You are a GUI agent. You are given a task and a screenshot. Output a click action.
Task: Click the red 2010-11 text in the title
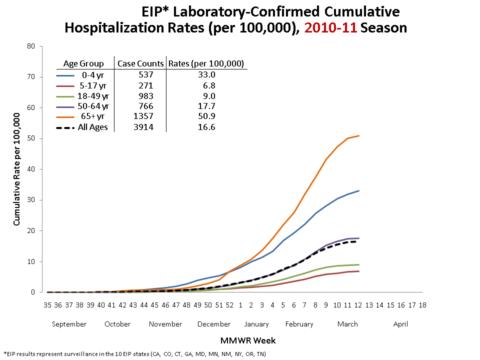click(330, 28)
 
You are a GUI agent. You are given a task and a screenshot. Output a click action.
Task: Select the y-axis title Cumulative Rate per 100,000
click(16, 169)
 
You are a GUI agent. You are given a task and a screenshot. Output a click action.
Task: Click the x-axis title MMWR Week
click(248, 340)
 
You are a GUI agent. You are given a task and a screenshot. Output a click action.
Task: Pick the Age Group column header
click(83, 63)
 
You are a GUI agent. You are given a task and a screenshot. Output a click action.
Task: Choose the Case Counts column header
click(140, 63)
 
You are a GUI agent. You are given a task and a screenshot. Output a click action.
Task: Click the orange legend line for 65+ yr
click(65, 117)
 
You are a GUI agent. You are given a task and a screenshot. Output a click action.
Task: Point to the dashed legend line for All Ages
click(65, 127)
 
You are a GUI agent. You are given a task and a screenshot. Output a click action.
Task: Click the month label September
click(69, 324)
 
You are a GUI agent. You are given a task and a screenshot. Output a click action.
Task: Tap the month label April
click(400, 324)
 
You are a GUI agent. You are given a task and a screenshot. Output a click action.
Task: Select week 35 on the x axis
click(47, 304)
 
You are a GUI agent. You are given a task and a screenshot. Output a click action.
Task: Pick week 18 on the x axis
click(422, 304)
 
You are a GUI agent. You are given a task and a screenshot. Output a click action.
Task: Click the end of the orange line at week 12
click(358, 135)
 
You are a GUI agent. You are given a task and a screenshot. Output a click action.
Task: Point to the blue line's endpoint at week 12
click(358, 190)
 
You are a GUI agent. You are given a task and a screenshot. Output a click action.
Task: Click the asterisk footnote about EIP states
click(135, 354)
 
